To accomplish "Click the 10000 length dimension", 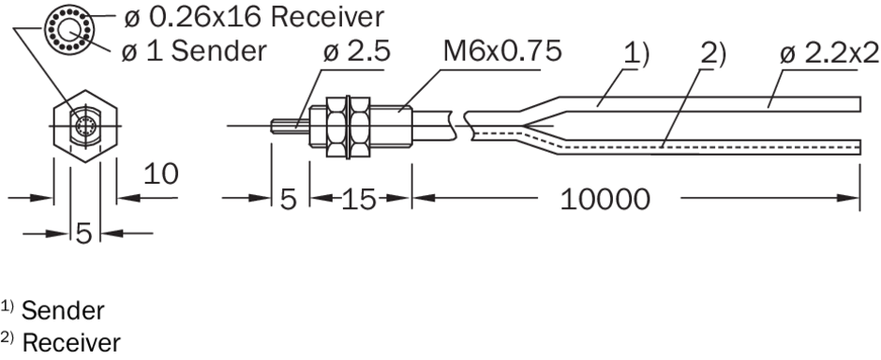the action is pos(605,200).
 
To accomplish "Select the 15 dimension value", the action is pos(358,200).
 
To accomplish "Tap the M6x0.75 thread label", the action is pos(502,52).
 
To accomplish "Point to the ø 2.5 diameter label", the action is pos(357,52).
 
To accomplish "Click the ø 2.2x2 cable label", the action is pos(829,53).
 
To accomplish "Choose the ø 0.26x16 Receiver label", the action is pos(254,18).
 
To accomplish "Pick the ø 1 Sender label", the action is pos(194,52).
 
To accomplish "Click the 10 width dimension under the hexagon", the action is pos(160,174).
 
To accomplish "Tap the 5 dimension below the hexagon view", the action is pos(83,233).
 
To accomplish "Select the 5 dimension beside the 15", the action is pos(289,200).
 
